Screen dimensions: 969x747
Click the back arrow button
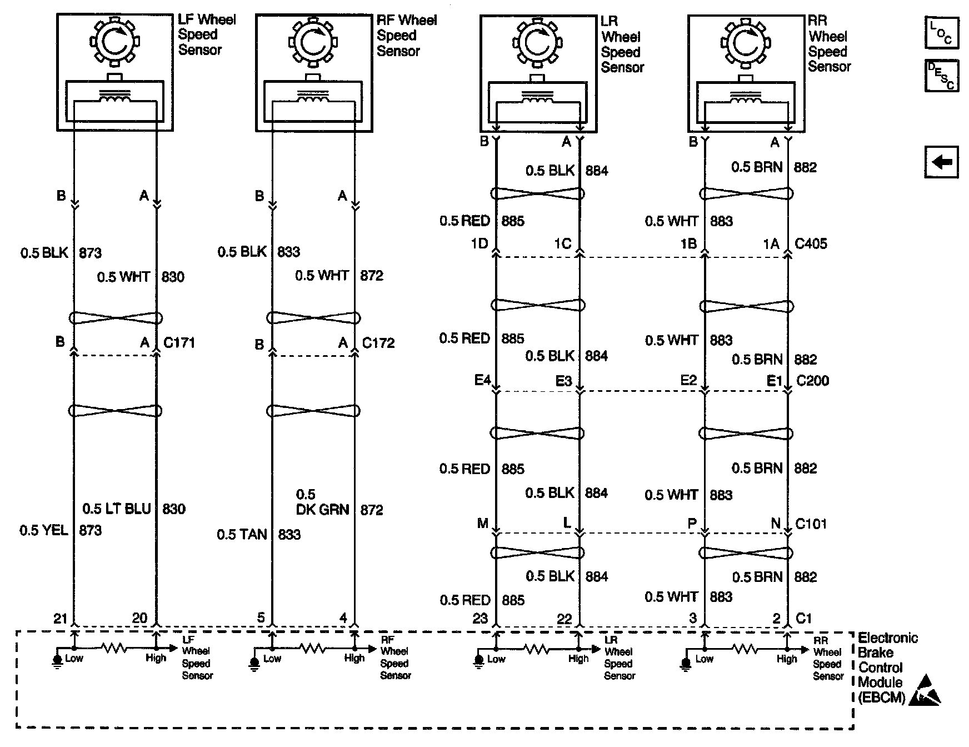click(x=942, y=162)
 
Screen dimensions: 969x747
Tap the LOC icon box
click(x=942, y=33)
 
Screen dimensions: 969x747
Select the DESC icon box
click(x=942, y=76)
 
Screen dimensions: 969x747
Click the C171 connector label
click(x=179, y=342)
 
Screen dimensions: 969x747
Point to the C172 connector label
click(x=378, y=343)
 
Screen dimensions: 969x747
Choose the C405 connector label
click(x=811, y=243)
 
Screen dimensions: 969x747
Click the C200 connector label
click(x=812, y=381)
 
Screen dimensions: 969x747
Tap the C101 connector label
click(x=811, y=524)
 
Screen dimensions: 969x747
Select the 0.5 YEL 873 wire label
click(x=61, y=530)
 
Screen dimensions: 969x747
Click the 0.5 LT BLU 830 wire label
click(x=133, y=509)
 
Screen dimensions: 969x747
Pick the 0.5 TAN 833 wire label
click(x=258, y=535)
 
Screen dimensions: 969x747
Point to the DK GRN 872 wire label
click(x=339, y=509)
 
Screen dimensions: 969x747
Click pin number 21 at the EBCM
click(x=60, y=618)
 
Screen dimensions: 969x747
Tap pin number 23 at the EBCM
click(x=479, y=619)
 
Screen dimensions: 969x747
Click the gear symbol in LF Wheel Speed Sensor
click(x=115, y=41)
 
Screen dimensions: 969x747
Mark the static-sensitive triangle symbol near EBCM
click(x=925, y=691)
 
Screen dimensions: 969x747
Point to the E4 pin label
click(x=482, y=381)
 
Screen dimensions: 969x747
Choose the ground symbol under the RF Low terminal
click(x=254, y=663)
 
